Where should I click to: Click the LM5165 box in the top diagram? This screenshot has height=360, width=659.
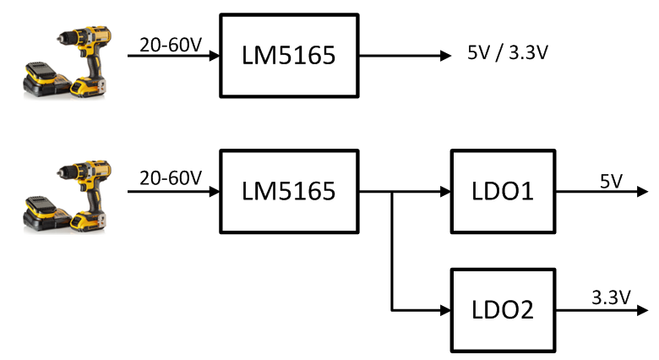pos(290,56)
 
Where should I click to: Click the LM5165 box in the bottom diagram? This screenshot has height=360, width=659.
pos(290,192)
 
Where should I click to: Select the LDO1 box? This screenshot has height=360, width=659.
pos(504,192)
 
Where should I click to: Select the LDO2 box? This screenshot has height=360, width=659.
pos(504,309)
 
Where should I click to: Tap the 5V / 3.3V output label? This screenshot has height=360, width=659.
pos(508,55)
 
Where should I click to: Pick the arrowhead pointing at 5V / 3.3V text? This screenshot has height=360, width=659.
pos(445,57)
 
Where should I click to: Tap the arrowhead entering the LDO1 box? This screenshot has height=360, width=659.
pos(444,192)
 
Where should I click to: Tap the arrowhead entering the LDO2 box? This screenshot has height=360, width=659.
pos(444,309)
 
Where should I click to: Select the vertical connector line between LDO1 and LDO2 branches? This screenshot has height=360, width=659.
pos(392,254)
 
